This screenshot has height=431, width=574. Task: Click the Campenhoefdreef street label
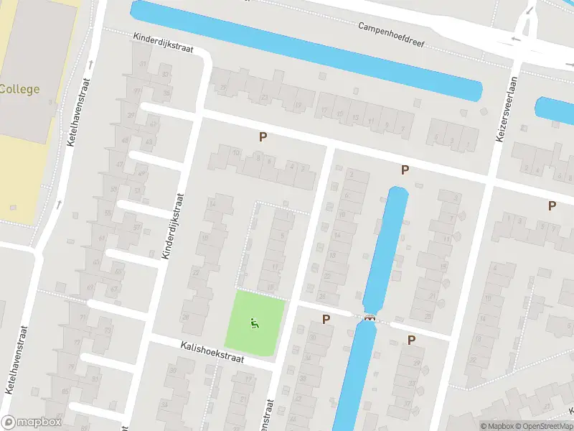392,33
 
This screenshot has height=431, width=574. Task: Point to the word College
19,90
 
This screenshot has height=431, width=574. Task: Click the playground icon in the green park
254,325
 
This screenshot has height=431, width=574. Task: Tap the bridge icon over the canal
370,319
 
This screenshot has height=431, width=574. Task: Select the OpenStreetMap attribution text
544,426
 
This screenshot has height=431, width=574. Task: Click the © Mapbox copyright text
497,426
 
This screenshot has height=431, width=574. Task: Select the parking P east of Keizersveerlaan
552,205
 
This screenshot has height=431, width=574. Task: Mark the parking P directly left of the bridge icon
326,319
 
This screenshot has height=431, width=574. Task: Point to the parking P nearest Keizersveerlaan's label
405,170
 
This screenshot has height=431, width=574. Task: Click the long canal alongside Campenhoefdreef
309,50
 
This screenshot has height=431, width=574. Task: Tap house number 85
66,391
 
